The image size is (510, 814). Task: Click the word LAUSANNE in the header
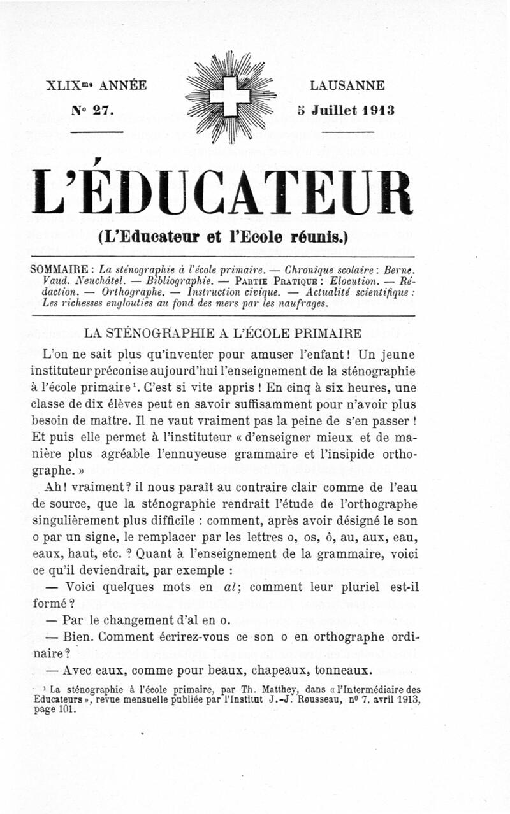coord(347,85)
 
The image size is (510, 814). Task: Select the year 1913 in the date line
coord(378,110)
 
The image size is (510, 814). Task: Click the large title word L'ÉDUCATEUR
coord(222,189)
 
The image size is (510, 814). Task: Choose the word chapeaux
coord(279,669)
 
